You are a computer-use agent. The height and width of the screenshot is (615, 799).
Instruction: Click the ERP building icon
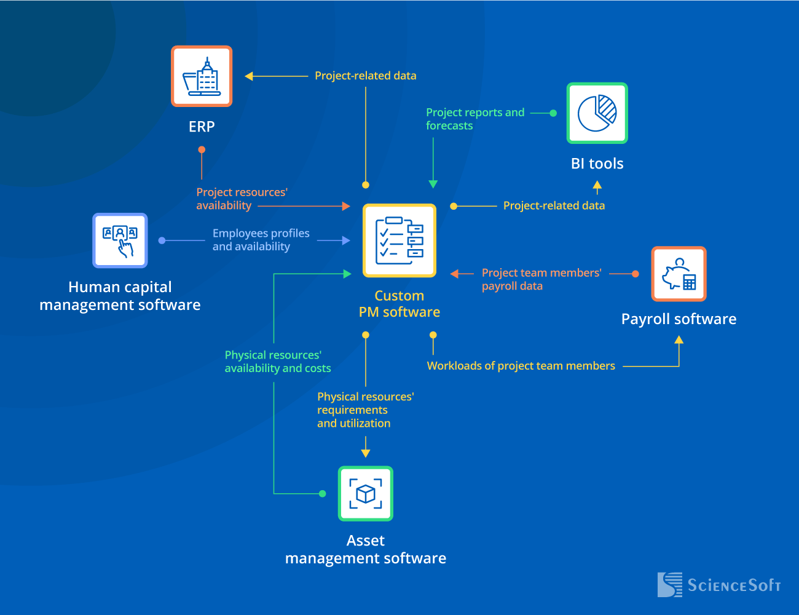[202, 76]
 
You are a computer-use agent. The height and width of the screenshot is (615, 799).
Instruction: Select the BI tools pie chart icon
[597, 113]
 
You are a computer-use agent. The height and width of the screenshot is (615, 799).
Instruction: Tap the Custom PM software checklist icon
[399, 240]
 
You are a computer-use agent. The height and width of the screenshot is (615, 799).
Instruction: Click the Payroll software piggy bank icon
[679, 274]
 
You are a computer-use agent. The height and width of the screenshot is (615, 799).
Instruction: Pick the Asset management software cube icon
[366, 494]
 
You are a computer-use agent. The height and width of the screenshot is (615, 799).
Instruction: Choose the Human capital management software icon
[120, 240]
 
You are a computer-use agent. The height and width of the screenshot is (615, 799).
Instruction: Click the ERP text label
[202, 127]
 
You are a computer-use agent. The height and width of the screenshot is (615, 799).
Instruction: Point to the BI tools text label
[597, 164]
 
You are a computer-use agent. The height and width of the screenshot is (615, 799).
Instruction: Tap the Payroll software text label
[679, 319]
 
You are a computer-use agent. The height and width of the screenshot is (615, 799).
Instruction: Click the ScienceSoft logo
[718, 585]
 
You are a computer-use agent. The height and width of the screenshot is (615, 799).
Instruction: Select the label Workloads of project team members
[521, 366]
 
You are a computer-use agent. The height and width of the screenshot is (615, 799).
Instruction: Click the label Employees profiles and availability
[261, 240]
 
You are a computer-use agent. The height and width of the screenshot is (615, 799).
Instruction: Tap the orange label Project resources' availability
[242, 199]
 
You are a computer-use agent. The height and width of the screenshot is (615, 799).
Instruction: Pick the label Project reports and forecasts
[474, 119]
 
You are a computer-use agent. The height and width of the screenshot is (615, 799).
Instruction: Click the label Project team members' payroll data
[541, 279]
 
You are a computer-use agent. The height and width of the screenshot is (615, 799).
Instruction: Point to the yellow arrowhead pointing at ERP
[249, 76]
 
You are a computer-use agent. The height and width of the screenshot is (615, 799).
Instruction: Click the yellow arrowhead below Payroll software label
[679, 340]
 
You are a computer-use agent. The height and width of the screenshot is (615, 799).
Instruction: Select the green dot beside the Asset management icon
[323, 493]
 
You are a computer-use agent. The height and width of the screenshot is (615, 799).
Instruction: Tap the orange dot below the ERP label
[202, 149]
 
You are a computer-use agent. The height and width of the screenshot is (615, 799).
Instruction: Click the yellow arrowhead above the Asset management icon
[366, 453]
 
